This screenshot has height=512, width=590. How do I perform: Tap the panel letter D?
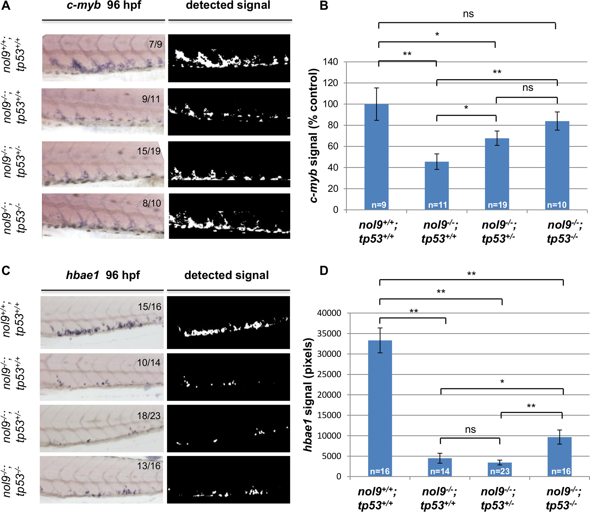pyautogui.click(x=324, y=270)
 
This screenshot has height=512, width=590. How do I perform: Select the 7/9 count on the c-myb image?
pyautogui.click(x=155, y=44)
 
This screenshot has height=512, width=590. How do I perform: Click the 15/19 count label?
pyautogui.click(x=148, y=151)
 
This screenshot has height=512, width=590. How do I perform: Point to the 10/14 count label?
pyautogui.click(x=148, y=363)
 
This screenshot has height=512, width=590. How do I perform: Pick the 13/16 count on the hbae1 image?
pyautogui.click(x=148, y=466)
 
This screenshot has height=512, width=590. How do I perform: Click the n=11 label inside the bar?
pyautogui.click(x=437, y=205)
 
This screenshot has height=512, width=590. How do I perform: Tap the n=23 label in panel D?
pyautogui.click(x=500, y=471)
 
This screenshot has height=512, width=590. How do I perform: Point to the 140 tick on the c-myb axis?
pyautogui.click(x=330, y=62)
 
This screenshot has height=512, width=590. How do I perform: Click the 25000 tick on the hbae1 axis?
pyautogui.click(x=329, y=374)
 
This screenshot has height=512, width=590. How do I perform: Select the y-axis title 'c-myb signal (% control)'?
pyautogui.click(x=314, y=136)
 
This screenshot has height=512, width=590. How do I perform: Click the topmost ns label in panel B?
pyautogui.click(x=468, y=14)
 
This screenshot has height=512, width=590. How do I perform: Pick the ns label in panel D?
pyautogui.click(x=470, y=429)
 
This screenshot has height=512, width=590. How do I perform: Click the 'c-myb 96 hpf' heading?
pyautogui.click(x=104, y=5)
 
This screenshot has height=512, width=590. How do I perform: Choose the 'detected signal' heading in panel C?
pyautogui.click(x=226, y=275)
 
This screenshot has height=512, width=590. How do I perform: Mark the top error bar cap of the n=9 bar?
pyautogui.click(x=377, y=88)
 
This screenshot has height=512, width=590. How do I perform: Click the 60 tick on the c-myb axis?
pyautogui.click(x=333, y=146)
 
